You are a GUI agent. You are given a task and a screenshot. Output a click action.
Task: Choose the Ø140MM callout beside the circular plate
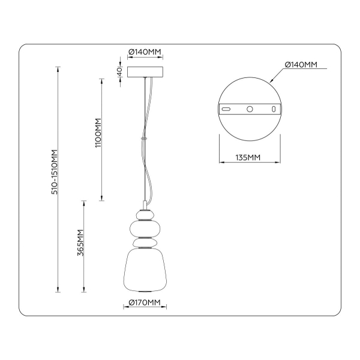[x=301, y=64]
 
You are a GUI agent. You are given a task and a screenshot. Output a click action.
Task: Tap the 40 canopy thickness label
[x=119, y=71]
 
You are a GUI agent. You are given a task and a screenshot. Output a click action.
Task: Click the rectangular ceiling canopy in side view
[x=144, y=71]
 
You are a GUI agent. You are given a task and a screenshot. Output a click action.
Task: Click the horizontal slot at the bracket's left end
[x=227, y=109]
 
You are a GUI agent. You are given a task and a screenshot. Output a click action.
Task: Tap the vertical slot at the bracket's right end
[x=274, y=109]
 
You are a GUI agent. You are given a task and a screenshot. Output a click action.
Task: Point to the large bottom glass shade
[x=144, y=270]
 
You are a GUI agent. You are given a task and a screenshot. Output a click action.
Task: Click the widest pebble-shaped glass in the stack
[x=144, y=229]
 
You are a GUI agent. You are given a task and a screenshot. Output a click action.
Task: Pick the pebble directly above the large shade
[x=144, y=244]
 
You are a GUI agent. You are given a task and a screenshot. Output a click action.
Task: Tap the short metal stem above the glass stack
[x=144, y=204]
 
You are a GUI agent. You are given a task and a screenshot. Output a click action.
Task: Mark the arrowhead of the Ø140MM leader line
[x=271, y=80]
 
